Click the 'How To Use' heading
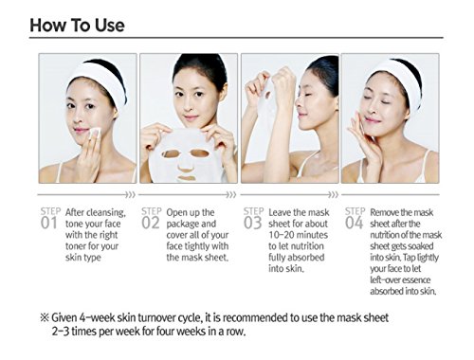[77, 26]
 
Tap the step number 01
[48, 224]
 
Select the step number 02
[151, 224]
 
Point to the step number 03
[253, 224]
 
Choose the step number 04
[354, 224]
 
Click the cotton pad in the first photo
[94, 133]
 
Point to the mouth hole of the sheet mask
[186, 178]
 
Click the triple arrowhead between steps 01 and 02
[130, 195]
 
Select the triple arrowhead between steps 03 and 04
[333, 195]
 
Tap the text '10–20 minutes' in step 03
[299, 235]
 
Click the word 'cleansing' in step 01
[105, 213]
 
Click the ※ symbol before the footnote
[45, 317]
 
